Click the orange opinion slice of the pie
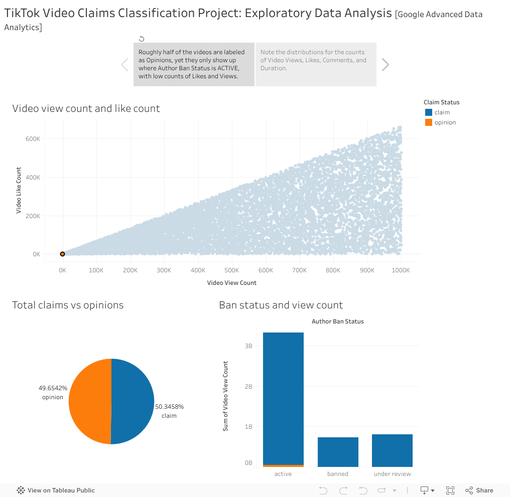[89, 401]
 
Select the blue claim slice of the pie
[133, 401]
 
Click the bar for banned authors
[338, 452]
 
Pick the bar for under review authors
[392, 450]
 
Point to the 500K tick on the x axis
[232, 270]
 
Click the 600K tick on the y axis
[33, 139]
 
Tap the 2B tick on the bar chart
[248, 387]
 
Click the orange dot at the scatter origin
[62, 254]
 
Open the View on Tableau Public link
[56, 490]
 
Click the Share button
[479, 490]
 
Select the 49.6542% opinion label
[53, 392]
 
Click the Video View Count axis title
[231, 283]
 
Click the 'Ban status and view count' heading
[281, 305]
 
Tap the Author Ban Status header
[337, 321]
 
